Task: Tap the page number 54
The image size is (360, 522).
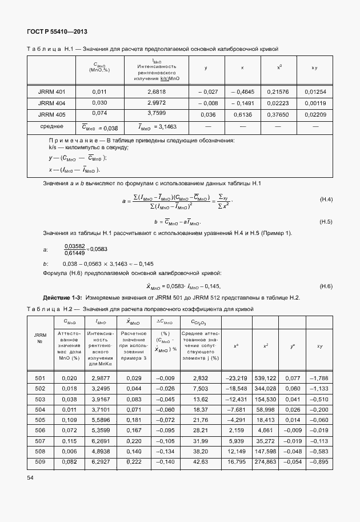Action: coord(30,476)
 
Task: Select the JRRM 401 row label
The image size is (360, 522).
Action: coord(52,91)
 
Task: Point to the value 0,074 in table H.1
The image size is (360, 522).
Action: coord(99,114)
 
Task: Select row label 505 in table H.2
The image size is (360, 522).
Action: coord(40,420)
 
